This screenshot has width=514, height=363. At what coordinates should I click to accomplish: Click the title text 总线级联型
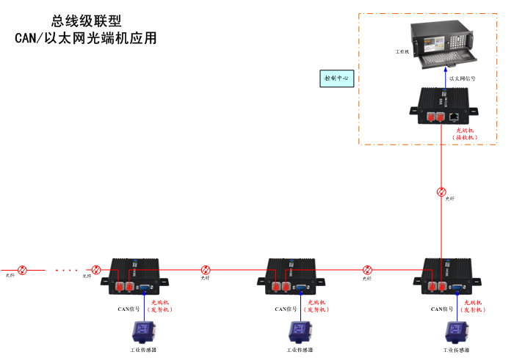87,22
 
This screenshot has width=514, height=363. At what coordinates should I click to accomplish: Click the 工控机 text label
402,54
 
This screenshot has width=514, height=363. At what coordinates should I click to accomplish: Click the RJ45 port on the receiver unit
455,116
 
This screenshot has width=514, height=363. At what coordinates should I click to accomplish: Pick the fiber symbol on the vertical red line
441,192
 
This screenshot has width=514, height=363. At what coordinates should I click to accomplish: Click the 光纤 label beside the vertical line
449,199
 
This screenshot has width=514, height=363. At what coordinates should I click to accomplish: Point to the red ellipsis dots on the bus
66,270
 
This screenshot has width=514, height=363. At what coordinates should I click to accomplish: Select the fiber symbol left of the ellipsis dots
22,270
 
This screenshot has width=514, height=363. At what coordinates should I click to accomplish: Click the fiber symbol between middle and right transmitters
367,270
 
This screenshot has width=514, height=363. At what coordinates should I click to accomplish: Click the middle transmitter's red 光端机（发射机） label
317,306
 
